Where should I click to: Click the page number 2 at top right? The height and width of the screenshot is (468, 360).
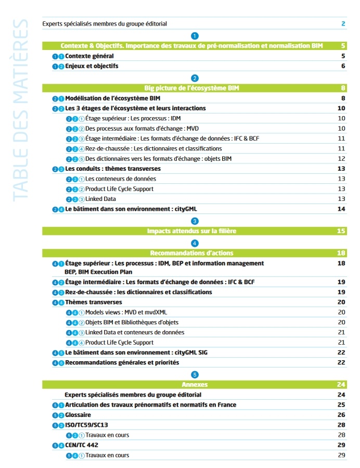point(343,23)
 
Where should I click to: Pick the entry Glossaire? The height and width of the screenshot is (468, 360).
point(78,415)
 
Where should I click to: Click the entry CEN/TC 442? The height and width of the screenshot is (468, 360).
point(82,445)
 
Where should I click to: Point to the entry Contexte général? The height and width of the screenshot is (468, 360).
point(89,56)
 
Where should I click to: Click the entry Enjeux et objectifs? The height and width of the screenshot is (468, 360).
point(92,66)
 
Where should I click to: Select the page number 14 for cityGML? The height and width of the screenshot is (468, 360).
point(341,209)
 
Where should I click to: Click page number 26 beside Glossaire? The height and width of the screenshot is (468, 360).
point(341,415)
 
